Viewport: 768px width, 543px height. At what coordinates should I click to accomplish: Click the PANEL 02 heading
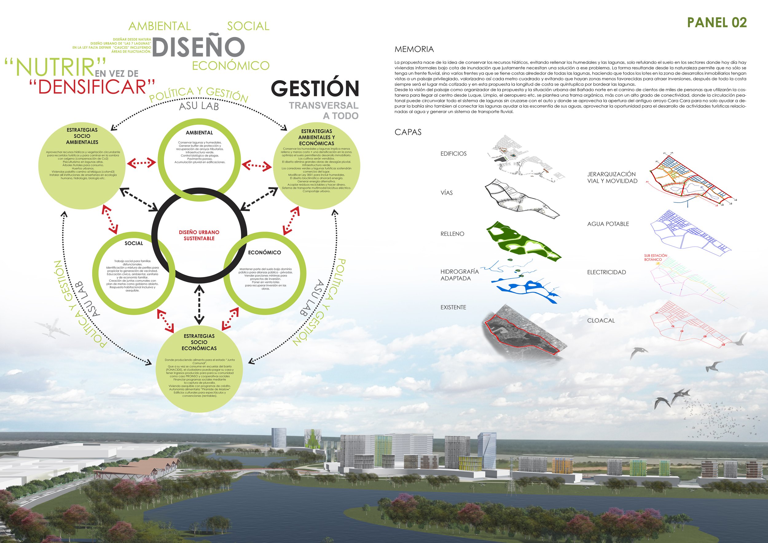click(716, 22)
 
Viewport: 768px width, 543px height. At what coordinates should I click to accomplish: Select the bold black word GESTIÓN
click(315, 88)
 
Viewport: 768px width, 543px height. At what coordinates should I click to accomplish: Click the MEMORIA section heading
click(414, 49)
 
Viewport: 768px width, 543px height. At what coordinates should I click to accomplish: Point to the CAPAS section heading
click(408, 132)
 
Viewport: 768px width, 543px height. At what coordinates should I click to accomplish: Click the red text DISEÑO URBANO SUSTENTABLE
click(199, 235)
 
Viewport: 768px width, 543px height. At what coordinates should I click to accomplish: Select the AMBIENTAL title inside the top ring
click(199, 133)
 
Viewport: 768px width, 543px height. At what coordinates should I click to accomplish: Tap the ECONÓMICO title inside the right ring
click(264, 252)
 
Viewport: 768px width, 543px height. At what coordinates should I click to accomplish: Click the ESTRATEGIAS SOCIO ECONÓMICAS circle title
click(199, 342)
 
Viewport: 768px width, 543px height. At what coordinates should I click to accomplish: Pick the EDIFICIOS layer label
click(453, 154)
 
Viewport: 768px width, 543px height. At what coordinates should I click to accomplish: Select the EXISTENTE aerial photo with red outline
click(523, 334)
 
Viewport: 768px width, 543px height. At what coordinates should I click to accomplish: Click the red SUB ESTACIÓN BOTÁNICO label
click(655, 257)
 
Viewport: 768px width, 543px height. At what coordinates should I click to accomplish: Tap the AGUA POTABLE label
click(608, 224)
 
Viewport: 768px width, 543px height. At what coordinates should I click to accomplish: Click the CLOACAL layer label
click(601, 321)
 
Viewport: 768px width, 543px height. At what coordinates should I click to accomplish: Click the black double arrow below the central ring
click(199, 304)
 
